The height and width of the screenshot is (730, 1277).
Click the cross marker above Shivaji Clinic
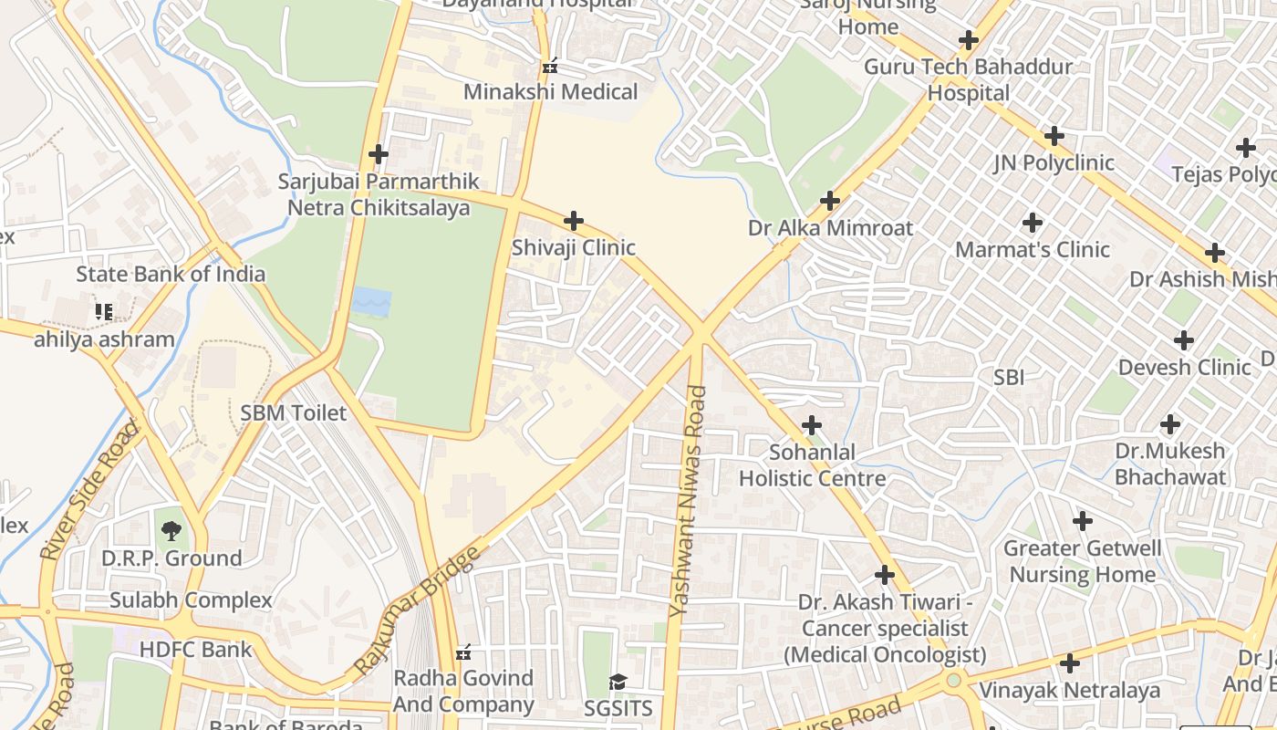point(574,221)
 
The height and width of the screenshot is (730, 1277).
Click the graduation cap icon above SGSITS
point(618,683)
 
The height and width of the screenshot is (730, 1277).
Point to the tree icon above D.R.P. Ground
point(171,530)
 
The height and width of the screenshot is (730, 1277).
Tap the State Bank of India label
point(171,274)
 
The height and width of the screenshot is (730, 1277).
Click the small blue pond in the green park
point(371,301)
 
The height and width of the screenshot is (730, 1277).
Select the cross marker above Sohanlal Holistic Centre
point(811,425)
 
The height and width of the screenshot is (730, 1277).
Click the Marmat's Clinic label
point(1033,249)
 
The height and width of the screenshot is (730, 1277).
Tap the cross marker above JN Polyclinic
point(1054,137)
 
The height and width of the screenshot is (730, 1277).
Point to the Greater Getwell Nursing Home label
point(1083,561)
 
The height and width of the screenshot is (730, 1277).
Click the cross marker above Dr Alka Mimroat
point(830,201)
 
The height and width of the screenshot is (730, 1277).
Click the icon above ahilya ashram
point(104,313)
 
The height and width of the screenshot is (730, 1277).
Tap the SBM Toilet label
point(294,413)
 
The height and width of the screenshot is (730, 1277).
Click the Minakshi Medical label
point(551,92)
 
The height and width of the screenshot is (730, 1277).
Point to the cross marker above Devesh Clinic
point(1184,341)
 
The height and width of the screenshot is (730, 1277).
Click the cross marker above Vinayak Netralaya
point(1070,663)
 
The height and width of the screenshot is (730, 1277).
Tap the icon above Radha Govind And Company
point(463,652)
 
